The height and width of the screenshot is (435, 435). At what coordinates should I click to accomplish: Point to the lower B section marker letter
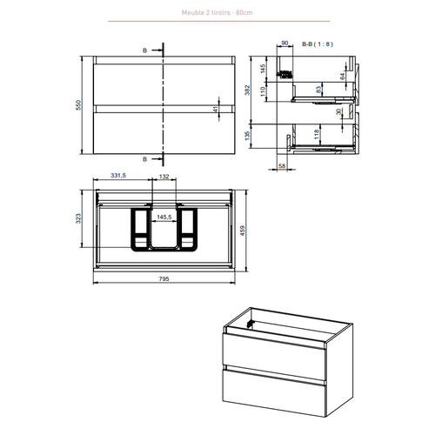click(x=145, y=160)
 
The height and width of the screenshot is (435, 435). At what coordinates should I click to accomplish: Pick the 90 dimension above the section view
click(x=284, y=43)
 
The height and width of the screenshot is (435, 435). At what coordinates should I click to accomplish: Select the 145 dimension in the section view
click(x=264, y=68)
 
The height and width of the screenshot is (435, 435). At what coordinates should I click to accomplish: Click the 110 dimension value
click(x=264, y=89)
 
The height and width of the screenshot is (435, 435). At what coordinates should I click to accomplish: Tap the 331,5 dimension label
click(x=118, y=176)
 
